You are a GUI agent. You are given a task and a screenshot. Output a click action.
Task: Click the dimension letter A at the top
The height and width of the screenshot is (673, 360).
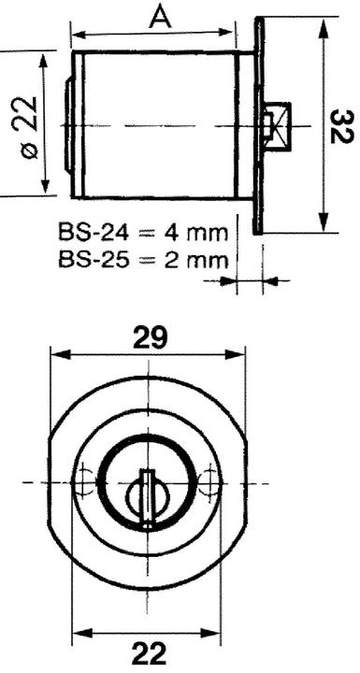point(160,18)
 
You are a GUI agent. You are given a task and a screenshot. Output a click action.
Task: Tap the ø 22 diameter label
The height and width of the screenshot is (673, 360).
point(29,127)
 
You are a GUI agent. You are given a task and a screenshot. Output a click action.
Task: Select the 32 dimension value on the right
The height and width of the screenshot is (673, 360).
point(343,126)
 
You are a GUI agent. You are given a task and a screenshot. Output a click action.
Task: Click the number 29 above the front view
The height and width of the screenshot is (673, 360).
point(149,337)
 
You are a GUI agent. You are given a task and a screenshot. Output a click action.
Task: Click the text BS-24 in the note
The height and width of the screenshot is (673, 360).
point(94,235)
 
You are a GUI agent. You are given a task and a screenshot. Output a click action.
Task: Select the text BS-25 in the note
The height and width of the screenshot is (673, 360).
point(94,260)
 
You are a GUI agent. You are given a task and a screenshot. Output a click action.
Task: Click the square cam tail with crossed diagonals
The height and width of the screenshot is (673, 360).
point(278,126)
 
